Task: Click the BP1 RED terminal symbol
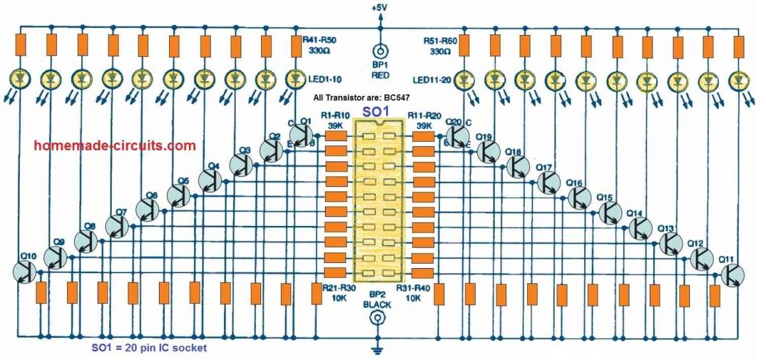tap(381, 51)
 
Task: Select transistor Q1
tap(301, 135)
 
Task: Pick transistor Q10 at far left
tap(25, 271)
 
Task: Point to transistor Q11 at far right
tap(733, 275)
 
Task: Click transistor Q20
tap(456, 135)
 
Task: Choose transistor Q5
tap(179, 194)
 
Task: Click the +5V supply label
tap(381, 7)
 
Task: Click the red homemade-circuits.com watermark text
tap(115, 146)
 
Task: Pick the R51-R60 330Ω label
tap(440, 45)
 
